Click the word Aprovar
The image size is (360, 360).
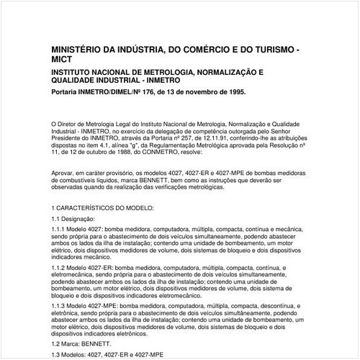[x=65, y=173]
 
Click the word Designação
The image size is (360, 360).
[x=78, y=217]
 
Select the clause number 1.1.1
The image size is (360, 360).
[x=60, y=228]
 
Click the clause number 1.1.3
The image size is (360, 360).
[x=60, y=305]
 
